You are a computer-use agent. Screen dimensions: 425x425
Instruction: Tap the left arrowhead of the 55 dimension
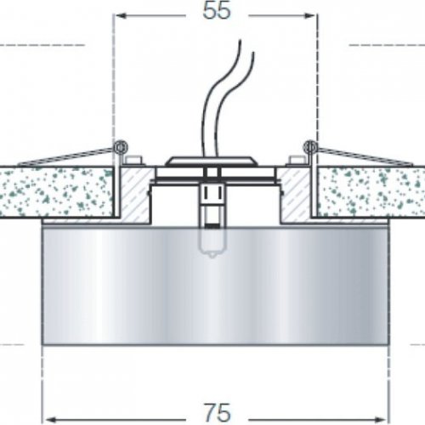point(121,15)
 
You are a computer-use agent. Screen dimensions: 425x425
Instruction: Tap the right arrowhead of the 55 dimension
point(310,15)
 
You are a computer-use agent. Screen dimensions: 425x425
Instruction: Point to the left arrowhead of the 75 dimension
point(50,419)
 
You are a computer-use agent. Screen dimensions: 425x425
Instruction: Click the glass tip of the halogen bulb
point(212,256)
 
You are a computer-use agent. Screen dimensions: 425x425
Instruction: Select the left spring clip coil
point(120,147)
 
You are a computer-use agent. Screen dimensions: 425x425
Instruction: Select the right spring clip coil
point(310,147)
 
